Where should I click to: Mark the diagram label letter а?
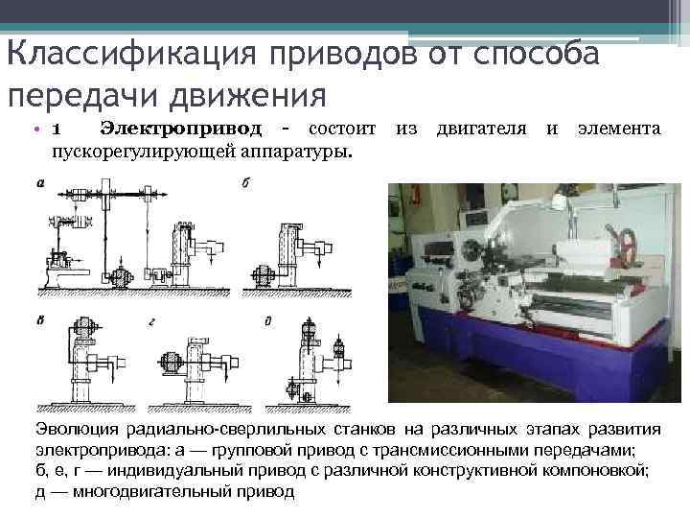tap(40, 183)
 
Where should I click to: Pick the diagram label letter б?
tap(246, 183)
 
